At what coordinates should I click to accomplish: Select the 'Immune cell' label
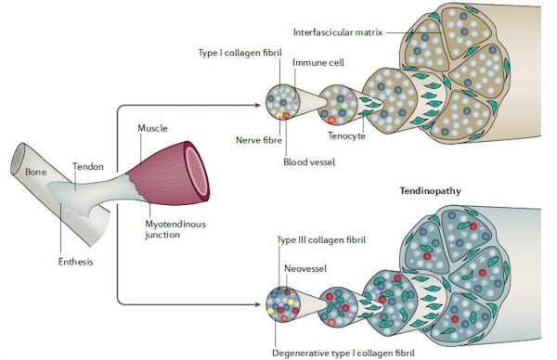pos(315,63)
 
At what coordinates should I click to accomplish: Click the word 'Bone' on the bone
pos(36,172)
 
